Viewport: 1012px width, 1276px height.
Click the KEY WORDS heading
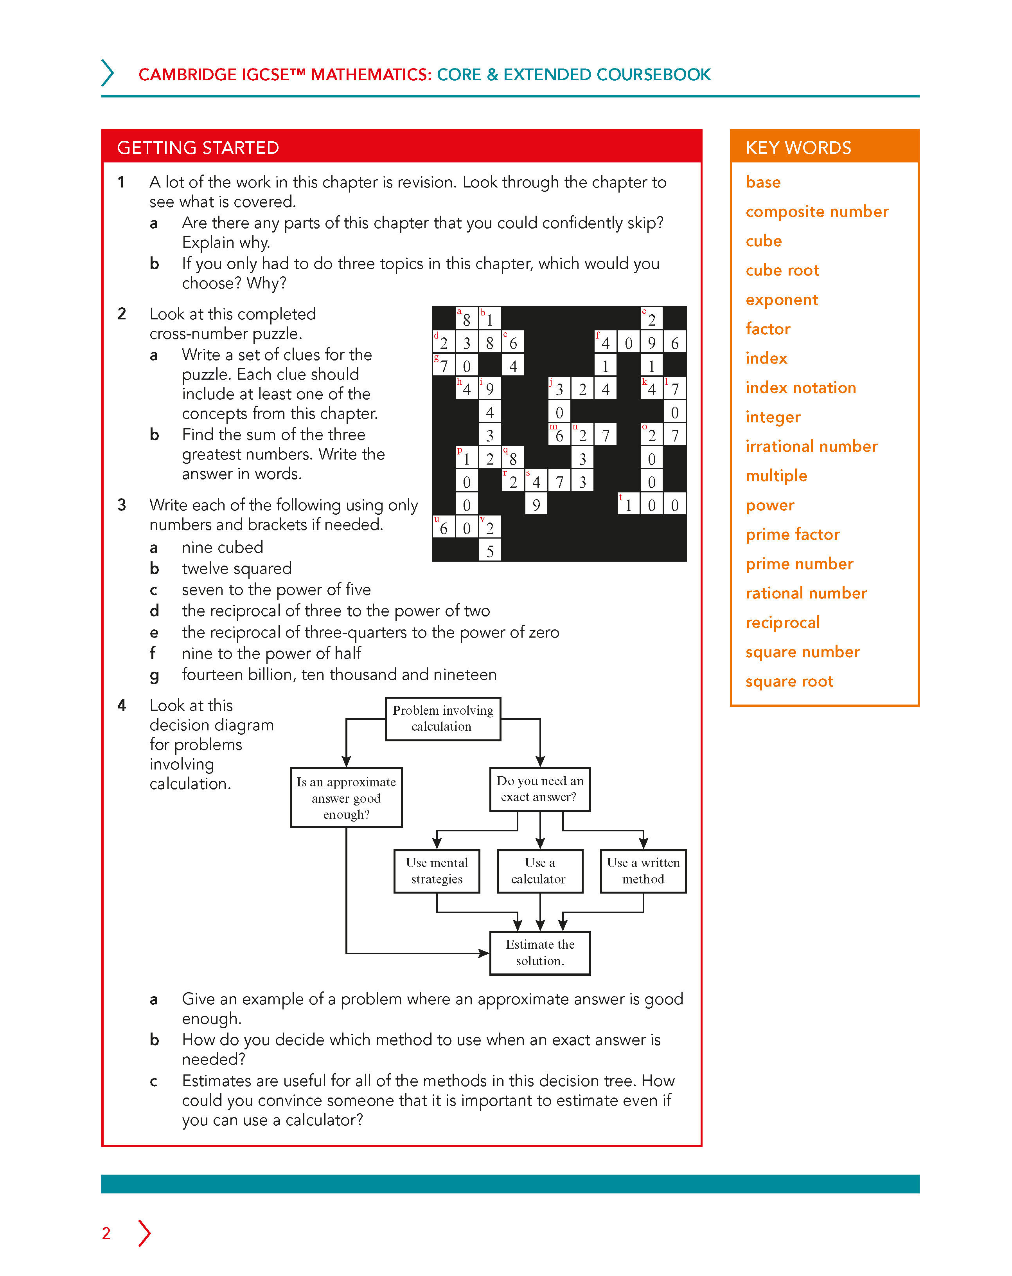[x=798, y=148]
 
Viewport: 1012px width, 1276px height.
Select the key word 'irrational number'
[x=811, y=446]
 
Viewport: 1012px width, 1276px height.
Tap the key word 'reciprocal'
[x=782, y=623]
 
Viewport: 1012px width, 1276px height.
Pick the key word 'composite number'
[x=816, y=211]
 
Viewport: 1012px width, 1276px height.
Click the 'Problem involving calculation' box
[x=442, y=719]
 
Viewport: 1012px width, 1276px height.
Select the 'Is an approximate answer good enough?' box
[x=346, y=797]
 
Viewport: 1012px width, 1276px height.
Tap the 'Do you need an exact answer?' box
[x=539, y=789]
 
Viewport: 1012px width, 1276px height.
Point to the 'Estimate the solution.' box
[x=539, y=952]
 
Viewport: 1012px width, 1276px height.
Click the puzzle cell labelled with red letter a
[x=466, y=318]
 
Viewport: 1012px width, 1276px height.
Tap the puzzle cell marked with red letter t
[x=628, y=504]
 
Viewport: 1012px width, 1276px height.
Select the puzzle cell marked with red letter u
[x=443, y=527]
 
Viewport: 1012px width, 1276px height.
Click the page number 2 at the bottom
[x=106, y=1233]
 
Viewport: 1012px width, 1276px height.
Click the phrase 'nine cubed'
[x=223, y=548]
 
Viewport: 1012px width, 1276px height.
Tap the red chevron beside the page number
[x=144, y=1233]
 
